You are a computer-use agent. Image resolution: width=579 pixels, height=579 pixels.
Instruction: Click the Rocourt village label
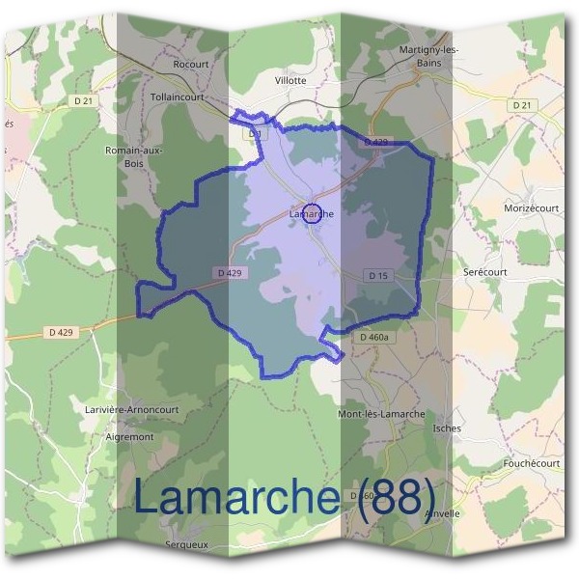pos(190,64)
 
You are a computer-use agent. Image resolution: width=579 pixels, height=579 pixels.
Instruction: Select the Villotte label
pos(290,81)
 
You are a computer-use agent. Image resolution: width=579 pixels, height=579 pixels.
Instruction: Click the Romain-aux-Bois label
pos(134,156)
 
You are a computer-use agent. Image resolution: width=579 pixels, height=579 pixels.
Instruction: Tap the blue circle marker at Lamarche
pos(312,213)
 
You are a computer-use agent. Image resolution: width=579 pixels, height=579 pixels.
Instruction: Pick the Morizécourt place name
pos(532,208)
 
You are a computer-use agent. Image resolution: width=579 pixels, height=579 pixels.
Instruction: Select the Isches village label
pos(448,427)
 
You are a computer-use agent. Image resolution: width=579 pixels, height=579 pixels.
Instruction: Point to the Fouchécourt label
pos(531,463)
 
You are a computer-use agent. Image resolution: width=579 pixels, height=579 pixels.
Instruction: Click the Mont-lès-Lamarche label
pos(381,414)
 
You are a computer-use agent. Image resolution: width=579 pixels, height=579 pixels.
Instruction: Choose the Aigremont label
pos(129,437)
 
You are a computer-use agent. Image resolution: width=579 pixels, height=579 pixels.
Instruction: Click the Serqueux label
pos(186,544)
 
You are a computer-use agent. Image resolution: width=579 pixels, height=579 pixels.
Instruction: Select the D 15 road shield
pos(377,276)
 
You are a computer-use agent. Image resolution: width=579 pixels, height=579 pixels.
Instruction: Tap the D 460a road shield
pos(373,338)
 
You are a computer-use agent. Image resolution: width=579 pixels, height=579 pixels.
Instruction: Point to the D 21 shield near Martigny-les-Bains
pos(522,104)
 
